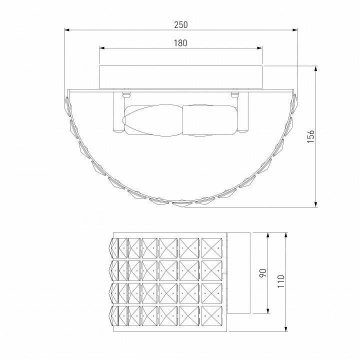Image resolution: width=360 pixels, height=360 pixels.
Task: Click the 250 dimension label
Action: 180,24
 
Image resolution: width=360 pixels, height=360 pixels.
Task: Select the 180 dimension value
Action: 180,43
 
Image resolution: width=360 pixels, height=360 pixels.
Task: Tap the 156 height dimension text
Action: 310,136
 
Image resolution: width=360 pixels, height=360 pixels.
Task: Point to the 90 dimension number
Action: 263,273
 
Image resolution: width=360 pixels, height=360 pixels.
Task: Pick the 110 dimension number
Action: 281,281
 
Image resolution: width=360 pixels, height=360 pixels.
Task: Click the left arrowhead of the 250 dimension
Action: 66,30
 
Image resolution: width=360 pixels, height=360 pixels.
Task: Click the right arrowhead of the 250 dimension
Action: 295,30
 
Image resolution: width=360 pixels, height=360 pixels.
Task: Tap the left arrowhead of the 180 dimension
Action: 101,48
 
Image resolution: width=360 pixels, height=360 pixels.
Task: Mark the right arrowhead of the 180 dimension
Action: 259,48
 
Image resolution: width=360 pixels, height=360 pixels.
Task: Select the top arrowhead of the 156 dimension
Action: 316,68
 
